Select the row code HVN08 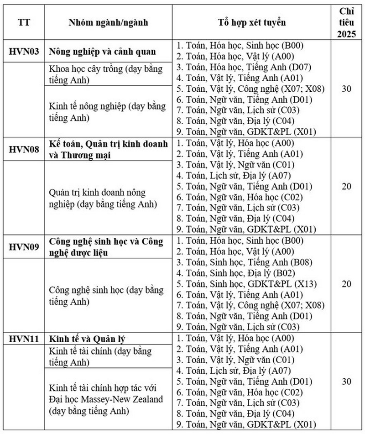(x=24, y=149)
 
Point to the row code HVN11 (x=24, y=339)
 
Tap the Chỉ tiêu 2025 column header (x=346, y=22)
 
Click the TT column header (x=24, y=22)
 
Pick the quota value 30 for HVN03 (x=346, y=89)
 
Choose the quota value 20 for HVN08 (x=346, y=186)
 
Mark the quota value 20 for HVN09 (x=346, y=284)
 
